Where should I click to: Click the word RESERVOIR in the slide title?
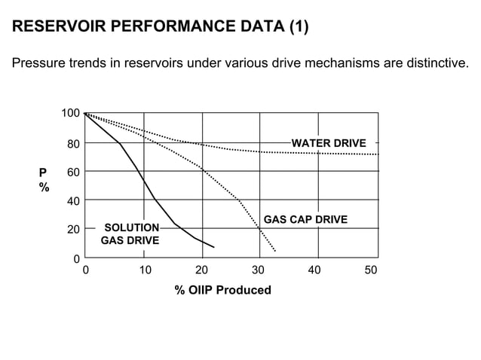click(x=59, y=28)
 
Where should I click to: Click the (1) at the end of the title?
click(x=298, y=28)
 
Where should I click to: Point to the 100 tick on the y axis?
click(x=71, y=113)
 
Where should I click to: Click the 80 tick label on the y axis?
click(x=74, y=143)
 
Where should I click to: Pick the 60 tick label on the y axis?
click(x=74, y=172)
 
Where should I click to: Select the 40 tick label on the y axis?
click(x=74, y=201)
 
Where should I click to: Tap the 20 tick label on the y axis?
click(x=74, y=230)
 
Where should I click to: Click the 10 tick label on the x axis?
click(x=145, y=270)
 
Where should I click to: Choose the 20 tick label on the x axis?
click(x=202, y=270)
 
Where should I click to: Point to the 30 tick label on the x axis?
click(x=259, y=270)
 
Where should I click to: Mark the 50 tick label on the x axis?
click(x=371, y=270)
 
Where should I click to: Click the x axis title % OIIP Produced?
click(x=222, y=290)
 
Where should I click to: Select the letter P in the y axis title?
click(x=43, y=172)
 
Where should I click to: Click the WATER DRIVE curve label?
click(x=329, y=143)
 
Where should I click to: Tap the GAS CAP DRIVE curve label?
click(x=305, y=220)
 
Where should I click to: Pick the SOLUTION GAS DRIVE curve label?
click(x=130, y=234)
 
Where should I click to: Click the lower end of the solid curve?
click(x=214, y=247)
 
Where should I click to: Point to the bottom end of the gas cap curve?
click(x=275, y=251)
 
